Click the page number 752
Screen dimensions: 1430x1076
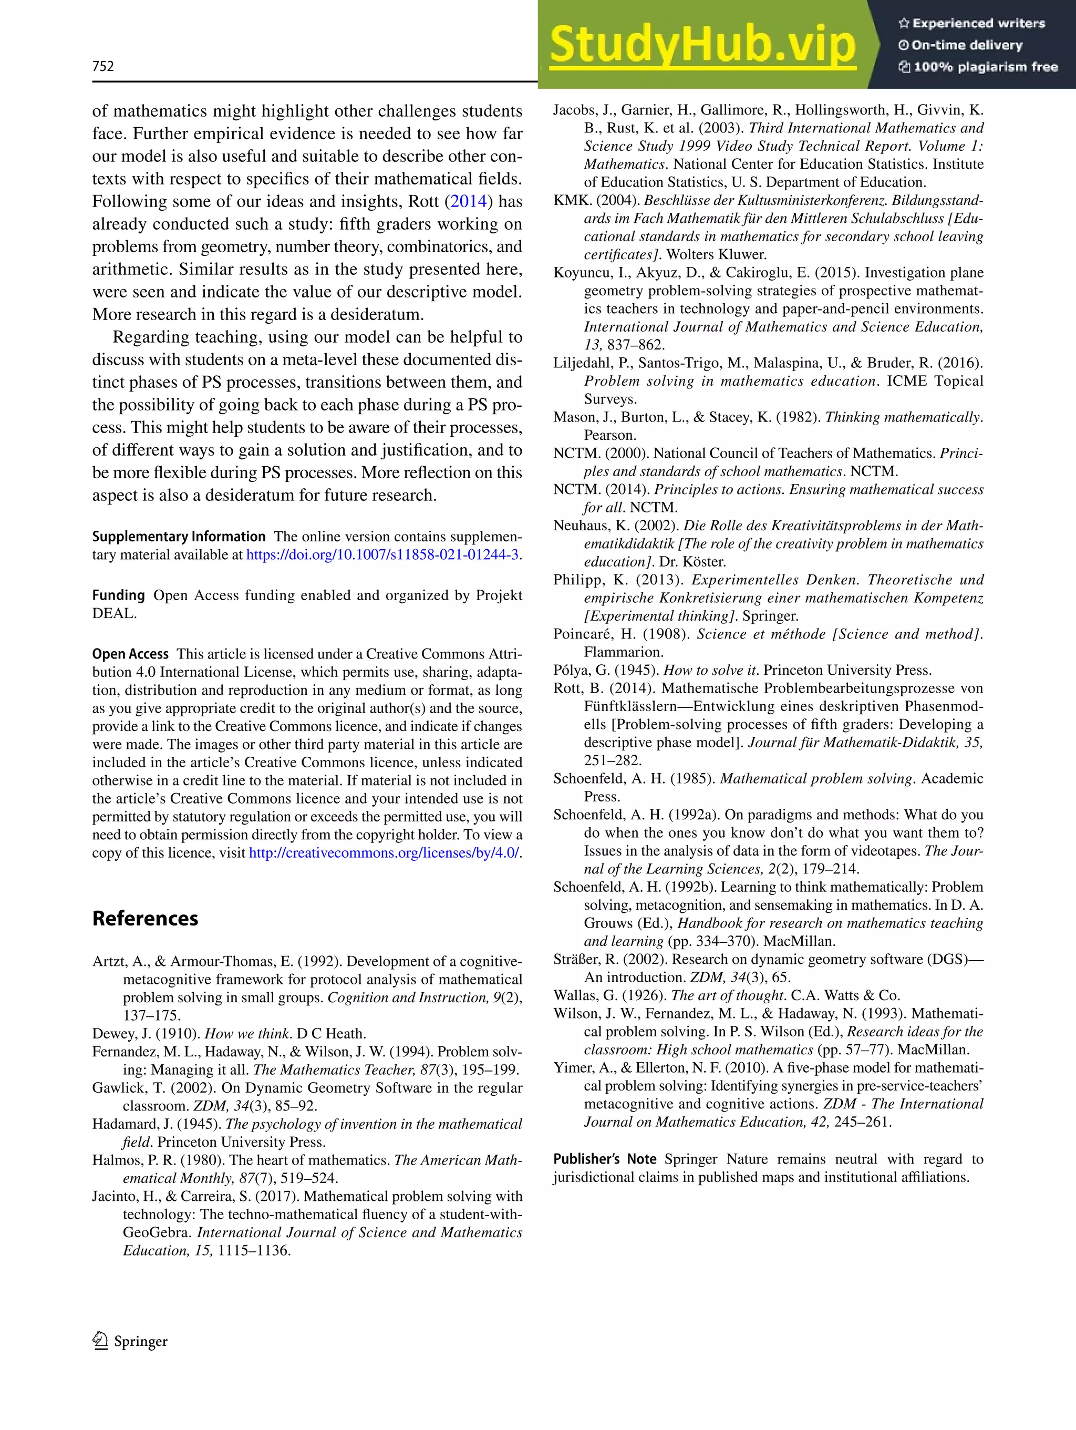coord(103,66)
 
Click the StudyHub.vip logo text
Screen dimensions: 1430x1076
coord(702,45)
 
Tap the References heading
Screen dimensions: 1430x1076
coord(145,919)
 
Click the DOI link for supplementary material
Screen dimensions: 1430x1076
coord(382,554)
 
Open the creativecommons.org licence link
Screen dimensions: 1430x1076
coord(384,853)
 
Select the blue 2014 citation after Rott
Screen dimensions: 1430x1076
coord(469,201)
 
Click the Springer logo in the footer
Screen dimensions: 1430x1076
coord(130,1341)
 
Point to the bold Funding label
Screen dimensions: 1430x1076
coord(118,595)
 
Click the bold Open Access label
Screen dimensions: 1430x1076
coord(130,654)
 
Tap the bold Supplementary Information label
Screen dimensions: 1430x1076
coord(178,537)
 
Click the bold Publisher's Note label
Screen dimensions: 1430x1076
coord(604,1159)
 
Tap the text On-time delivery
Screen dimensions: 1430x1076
coord(966,45)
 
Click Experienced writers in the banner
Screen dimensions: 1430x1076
coord(978,23)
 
